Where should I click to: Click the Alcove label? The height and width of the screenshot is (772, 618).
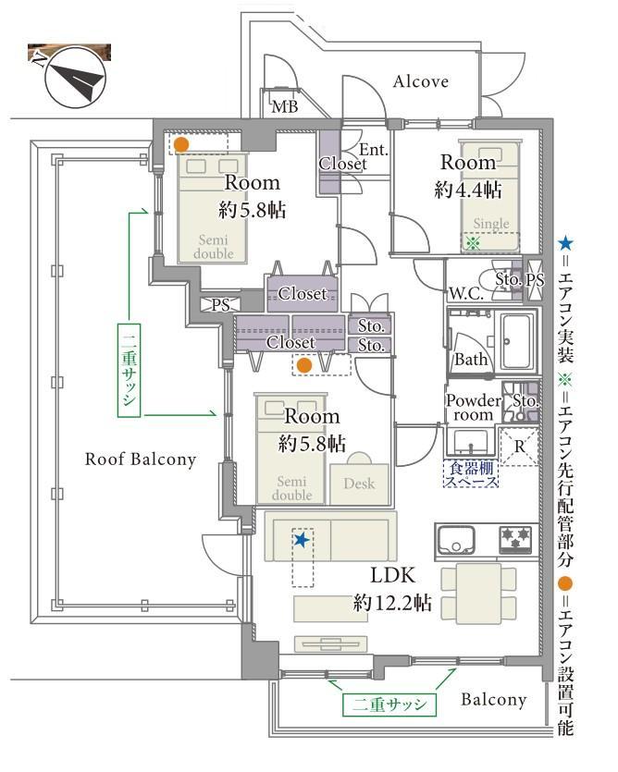click(420, 81)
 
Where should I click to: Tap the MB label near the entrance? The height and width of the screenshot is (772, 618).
click(284, 108)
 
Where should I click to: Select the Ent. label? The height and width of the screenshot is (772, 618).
click(373, 151)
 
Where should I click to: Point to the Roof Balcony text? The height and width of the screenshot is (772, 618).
click(141, 459)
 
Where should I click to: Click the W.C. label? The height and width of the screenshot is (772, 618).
click(464, 293)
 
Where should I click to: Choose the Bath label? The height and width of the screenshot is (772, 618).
click(471, 360)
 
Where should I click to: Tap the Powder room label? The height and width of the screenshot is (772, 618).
click(474, 409)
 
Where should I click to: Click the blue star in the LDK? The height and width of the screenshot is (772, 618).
click(300, 539)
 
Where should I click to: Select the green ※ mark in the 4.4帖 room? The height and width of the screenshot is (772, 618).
click(472, 243)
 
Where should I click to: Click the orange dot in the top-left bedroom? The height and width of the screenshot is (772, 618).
click(182, 144)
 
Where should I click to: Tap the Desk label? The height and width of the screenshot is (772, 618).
click(359, 484)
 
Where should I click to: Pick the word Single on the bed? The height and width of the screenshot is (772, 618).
click(491, 224)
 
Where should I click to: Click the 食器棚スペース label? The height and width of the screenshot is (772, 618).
click(473, 475)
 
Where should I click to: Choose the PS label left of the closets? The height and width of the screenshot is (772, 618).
click(220, 303)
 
